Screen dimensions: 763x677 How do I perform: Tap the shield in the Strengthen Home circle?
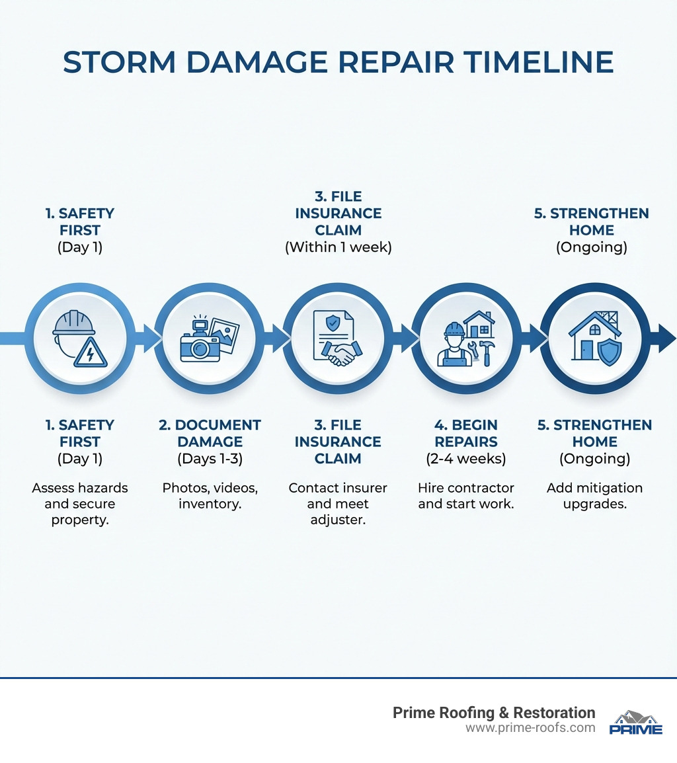coord(609,352)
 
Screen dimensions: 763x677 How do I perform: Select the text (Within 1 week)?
coord(338,248)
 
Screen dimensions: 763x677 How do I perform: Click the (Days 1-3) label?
coord(210,459)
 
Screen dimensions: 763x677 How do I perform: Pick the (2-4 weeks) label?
coord(466,459)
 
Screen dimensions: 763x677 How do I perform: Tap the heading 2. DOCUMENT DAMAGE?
coord(210,433)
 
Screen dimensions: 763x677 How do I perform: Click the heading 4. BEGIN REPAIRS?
coord(466,433)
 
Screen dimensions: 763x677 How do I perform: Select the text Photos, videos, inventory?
coord(210,496)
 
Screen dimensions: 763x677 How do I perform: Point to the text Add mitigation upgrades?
coord(594,496)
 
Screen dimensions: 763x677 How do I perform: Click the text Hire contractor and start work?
coord(466,496)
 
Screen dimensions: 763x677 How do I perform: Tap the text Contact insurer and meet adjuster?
coord(338,504)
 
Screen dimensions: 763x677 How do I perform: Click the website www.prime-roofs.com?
coord(530,728)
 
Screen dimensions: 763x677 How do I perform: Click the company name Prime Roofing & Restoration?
coord(494,713)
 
